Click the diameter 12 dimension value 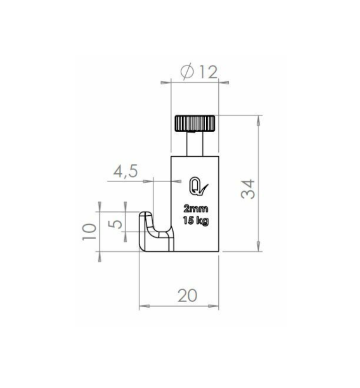199,72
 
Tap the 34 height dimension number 248,189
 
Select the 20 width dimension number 187,295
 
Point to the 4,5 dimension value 126,171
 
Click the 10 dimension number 89,232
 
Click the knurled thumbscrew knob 195,123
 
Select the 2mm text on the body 195,209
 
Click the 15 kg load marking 195,221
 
